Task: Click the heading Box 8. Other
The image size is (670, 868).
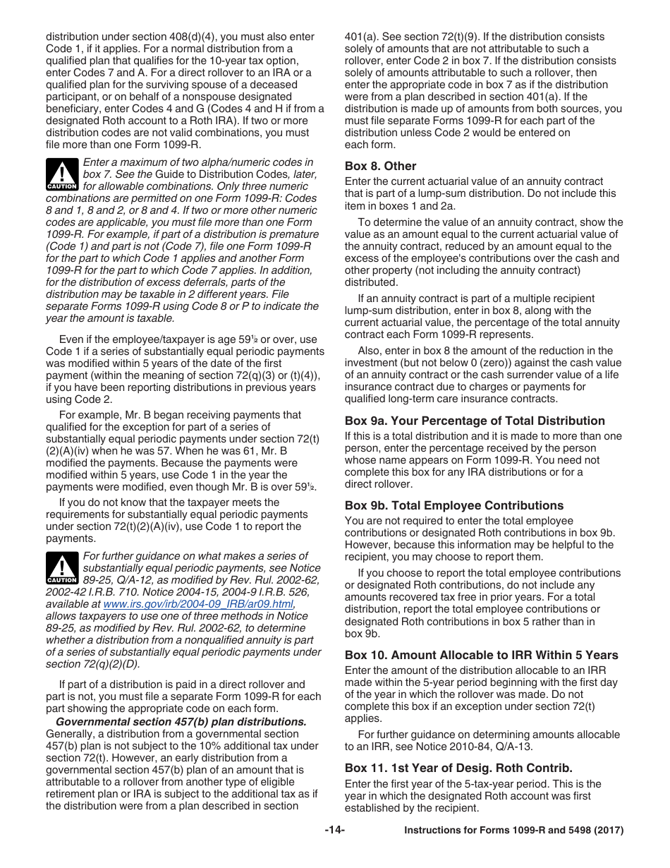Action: (x=380, y=167)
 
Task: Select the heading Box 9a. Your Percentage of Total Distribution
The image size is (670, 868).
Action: (x=475, y=421)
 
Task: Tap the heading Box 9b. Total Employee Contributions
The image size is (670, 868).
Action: (x=453, y=506)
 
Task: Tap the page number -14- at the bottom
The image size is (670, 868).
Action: (x=334, y=831)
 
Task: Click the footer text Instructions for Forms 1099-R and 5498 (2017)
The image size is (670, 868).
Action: (x=513, y=831)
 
